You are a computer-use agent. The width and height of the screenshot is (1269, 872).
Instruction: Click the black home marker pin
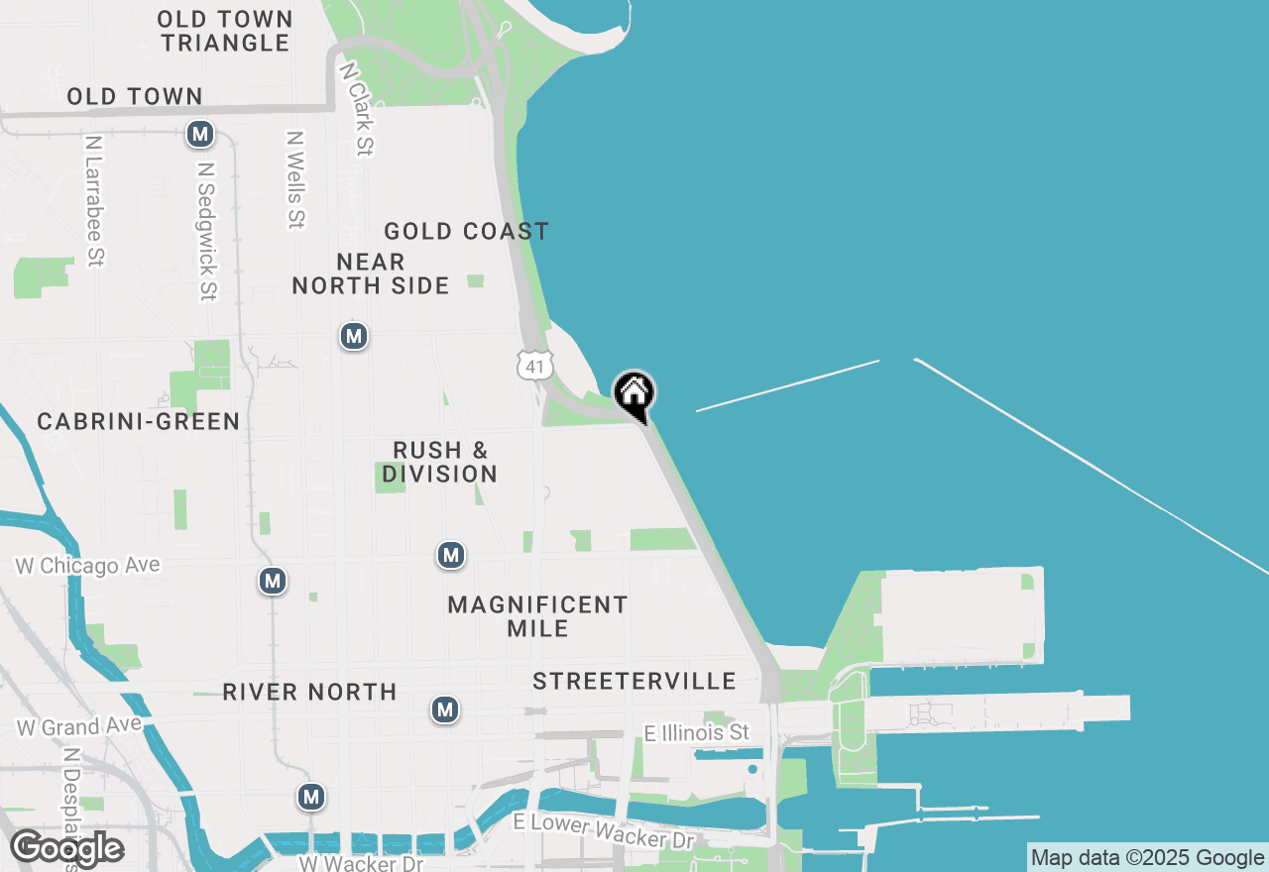634,394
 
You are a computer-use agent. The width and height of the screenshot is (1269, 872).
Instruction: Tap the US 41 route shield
534,366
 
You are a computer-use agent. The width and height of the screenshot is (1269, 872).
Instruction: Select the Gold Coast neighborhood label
466,232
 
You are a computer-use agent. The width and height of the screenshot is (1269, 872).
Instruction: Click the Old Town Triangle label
225,31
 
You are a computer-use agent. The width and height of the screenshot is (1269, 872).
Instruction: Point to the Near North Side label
370,274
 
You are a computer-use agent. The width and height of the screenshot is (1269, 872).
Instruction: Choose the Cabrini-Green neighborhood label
139,421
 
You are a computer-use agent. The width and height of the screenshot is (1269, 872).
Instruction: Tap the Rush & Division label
440,462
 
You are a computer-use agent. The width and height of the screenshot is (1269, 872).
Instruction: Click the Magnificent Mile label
537,616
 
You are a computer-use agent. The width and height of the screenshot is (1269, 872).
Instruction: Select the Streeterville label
634,681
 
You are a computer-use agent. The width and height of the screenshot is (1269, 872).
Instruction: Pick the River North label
309,692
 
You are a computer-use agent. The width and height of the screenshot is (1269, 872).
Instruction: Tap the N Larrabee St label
94,201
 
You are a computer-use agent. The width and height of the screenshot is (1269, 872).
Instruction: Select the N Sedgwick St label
206,232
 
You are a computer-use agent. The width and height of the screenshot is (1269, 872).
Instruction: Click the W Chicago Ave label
87,566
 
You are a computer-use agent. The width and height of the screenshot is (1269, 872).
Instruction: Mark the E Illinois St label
697,733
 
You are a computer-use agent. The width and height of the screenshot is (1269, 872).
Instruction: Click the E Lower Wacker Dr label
604,831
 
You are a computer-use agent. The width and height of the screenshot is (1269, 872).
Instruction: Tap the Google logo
66,848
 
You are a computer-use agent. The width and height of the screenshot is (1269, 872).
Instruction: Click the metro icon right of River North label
445,709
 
